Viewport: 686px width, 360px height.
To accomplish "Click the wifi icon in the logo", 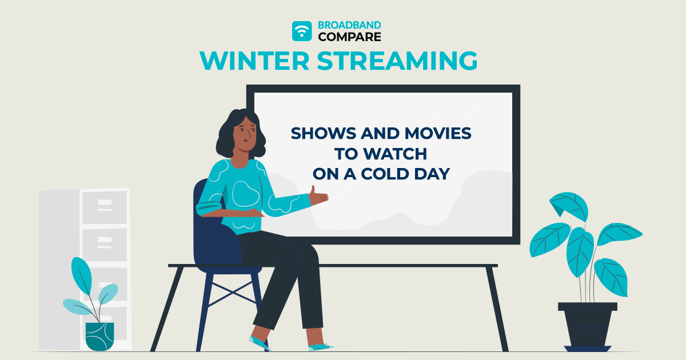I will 302,31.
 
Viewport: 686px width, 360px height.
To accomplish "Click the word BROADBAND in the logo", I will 349,26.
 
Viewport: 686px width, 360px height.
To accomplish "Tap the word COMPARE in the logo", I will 349,37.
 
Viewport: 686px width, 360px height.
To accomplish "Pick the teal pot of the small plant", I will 99,336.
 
